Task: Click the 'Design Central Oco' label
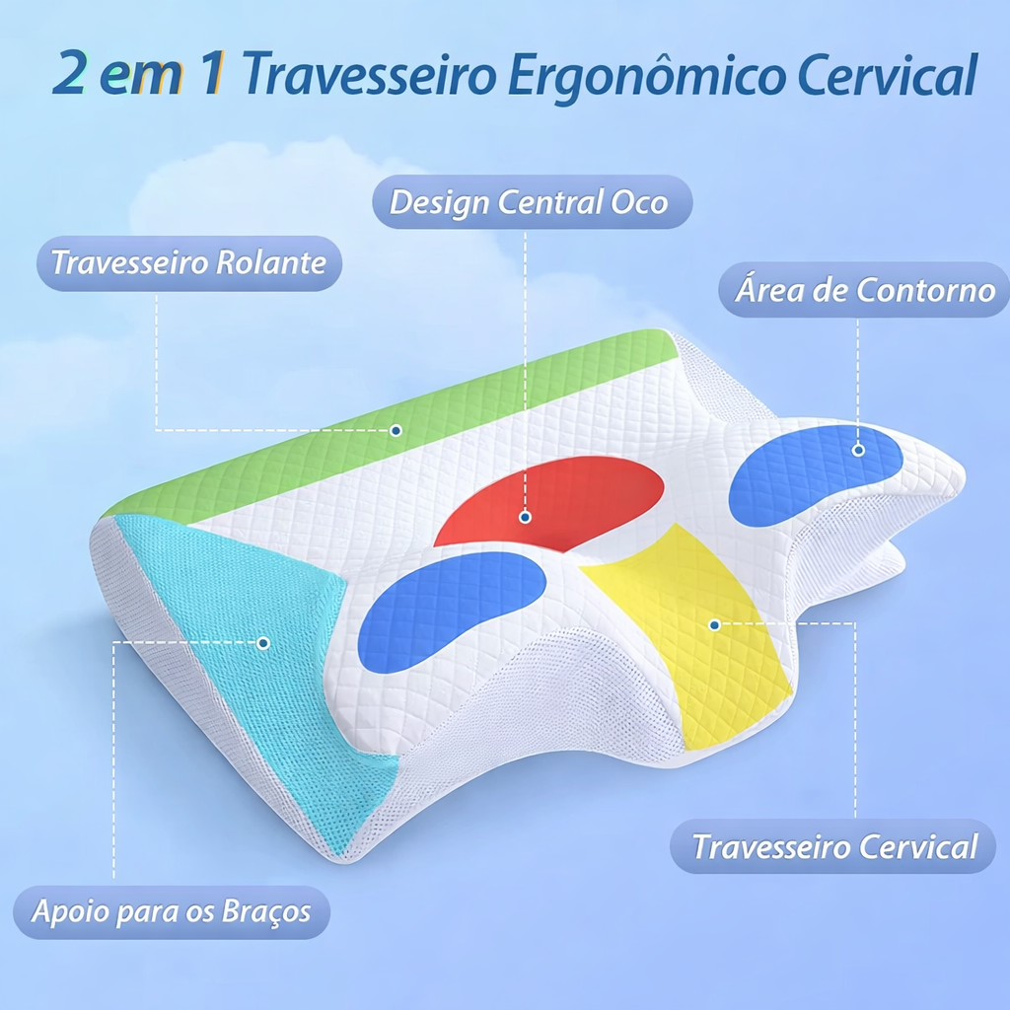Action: point(532,202)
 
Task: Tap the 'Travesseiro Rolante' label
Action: point(188,262)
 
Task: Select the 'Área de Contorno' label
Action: point(864,290)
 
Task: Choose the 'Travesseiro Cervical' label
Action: point(833,846)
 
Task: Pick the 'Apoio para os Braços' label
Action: point(172,912)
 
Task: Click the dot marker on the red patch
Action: point(525,517)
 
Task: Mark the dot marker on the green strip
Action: point(397,430)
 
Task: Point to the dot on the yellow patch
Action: point(714,624)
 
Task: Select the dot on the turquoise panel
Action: point(262,643)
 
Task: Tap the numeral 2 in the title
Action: point(69,73)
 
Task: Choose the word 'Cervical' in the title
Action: point(887,73)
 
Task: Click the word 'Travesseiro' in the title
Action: point(369,73)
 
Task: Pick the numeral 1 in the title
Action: point(211,73)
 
